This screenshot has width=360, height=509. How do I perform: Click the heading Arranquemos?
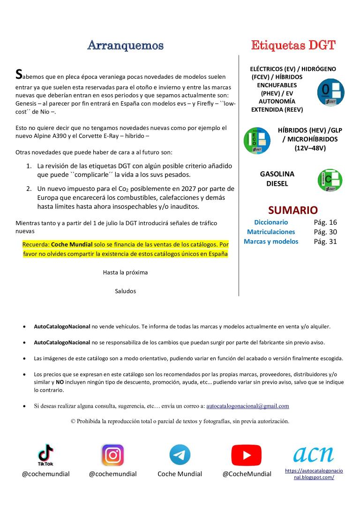coord(125,46)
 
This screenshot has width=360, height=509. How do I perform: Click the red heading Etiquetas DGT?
coord(293,46)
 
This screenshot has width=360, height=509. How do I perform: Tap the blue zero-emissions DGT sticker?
coord(330,92)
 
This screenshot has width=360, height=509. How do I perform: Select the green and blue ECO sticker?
coord(257,140)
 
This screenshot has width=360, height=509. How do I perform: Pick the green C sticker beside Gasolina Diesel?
coord(330,180)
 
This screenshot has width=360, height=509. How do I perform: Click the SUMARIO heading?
coord(292,210)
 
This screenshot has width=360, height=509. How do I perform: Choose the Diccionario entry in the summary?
coord(271,222)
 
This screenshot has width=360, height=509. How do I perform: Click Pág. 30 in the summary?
coord(325,232)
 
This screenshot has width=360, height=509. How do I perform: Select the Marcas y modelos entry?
coord(271,242)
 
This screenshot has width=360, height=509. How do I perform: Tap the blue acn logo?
coord(314,453)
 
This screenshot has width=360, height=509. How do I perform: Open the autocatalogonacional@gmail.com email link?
coord(247,406)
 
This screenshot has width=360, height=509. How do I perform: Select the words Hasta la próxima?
coord(125,272)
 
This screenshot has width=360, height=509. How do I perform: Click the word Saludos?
coord(125,291)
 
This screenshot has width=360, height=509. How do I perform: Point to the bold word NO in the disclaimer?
coord(60,382)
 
